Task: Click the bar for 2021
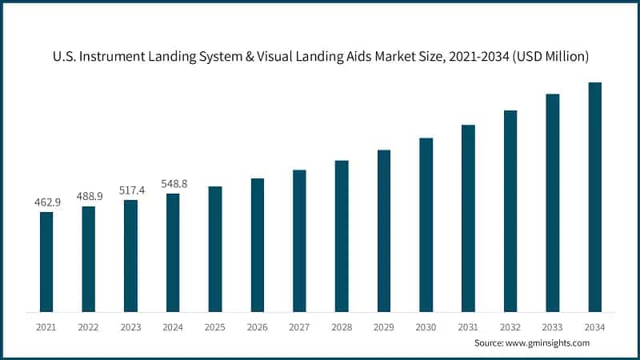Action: coord(46,262)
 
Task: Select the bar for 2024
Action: coord(173,252)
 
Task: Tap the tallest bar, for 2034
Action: coord(594,197)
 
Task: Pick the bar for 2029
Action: coord(384,230)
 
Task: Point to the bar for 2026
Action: coord(257,245)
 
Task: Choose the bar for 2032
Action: coord(510,210)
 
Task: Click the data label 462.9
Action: coord(46,202)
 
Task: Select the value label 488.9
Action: coord(89,196)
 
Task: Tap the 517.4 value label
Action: coord(130,190)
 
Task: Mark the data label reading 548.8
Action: coord(173,183)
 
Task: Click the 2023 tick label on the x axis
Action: coord(130,326)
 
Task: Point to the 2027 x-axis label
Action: coord(299,326)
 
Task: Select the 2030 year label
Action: coord(426,326)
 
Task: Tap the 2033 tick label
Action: coord(553,326)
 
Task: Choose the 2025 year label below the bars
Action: coord(215,326)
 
